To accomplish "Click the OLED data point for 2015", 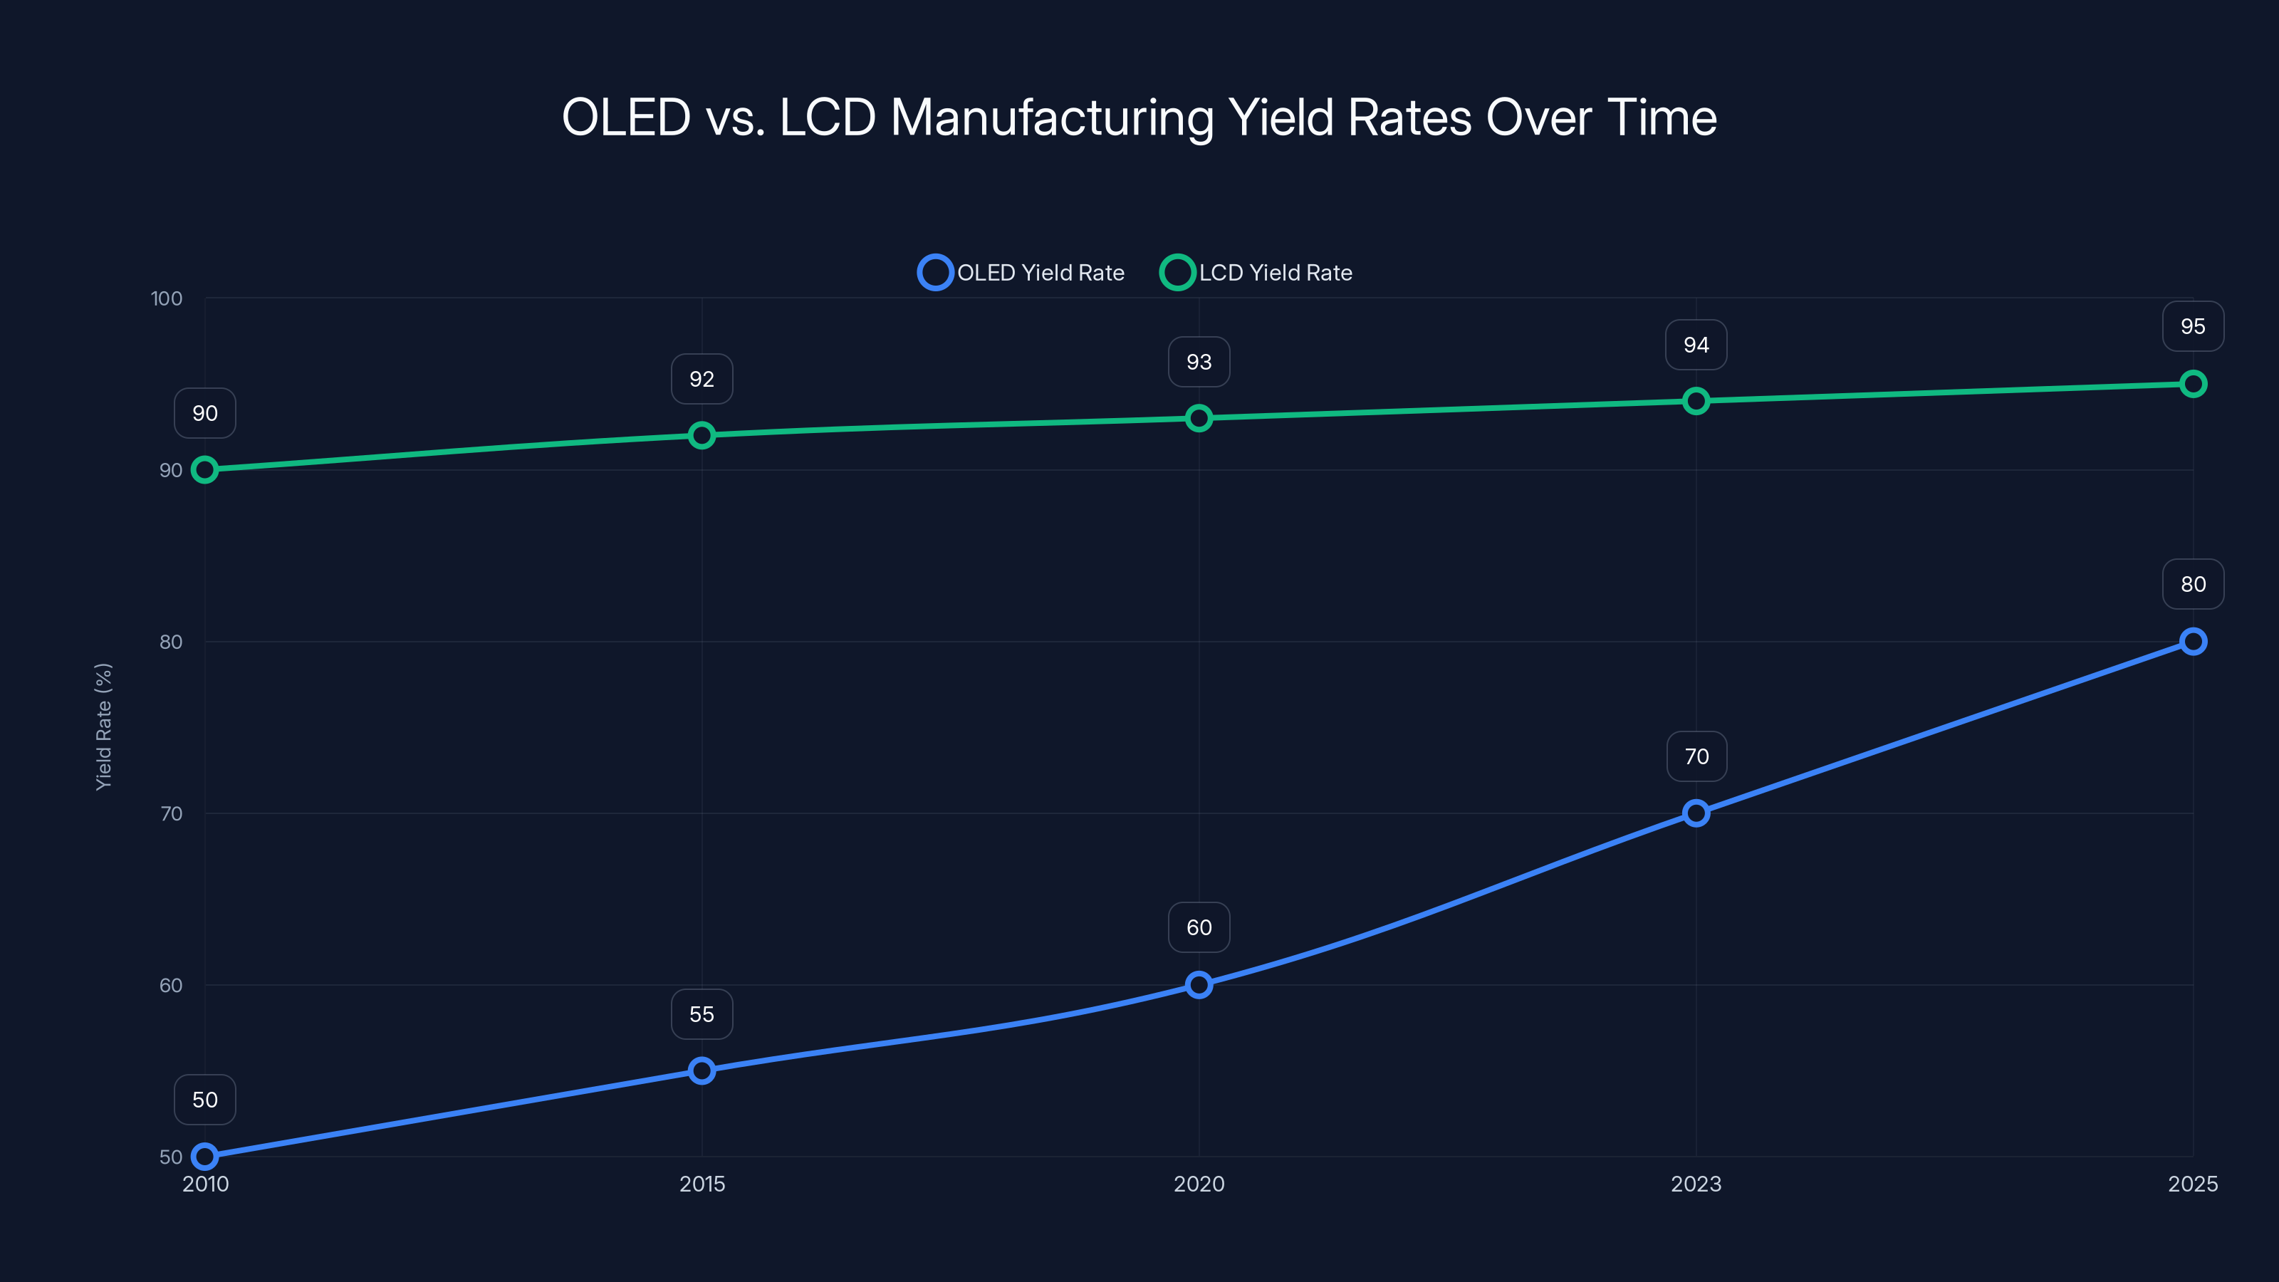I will point(702,1070).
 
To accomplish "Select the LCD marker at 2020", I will point(1199,417).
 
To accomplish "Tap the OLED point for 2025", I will point(2192,642).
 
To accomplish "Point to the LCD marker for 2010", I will point(204,470).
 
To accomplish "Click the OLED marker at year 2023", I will point(1696,813).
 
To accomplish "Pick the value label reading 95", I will point(2192,326).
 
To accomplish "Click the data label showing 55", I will point(702,1014).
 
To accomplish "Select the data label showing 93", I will point(1199,362).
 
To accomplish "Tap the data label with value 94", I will point(1696,345).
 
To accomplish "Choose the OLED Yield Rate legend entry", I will point(1022,273).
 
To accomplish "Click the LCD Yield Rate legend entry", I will point(1256,273).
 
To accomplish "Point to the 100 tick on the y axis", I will point(167,298).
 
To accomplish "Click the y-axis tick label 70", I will point(171,813).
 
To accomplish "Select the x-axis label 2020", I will point(1199,1184).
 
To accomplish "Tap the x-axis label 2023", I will point(1696,1184).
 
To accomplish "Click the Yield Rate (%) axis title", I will point(103,726).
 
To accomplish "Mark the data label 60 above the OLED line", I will point(1199,927).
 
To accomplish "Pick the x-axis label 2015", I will point(702,1184).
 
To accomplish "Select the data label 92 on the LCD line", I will point(702,379).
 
